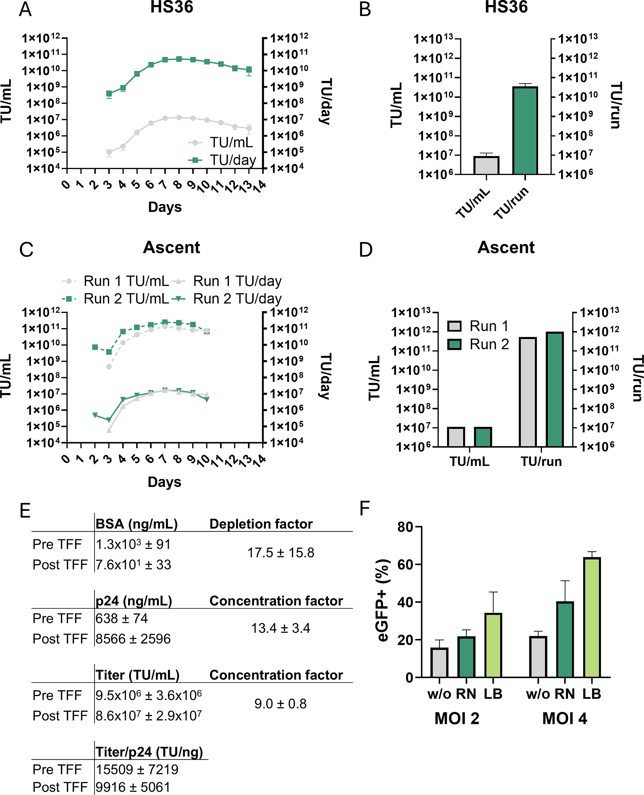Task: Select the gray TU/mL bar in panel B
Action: tap(486, 165)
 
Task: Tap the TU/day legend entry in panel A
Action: tap(222, 160)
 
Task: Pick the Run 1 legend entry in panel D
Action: tap(478, 326)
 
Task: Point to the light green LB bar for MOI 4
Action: tap(592, 617)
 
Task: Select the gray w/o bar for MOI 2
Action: tap(439, 662)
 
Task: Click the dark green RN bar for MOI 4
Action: tap(565, 639)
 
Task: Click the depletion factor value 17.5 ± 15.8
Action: tap(281, 553)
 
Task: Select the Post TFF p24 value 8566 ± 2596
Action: tap(133, 639)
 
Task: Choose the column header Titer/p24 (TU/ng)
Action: tap(149, 752)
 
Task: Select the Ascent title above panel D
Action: tap(506, 247)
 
